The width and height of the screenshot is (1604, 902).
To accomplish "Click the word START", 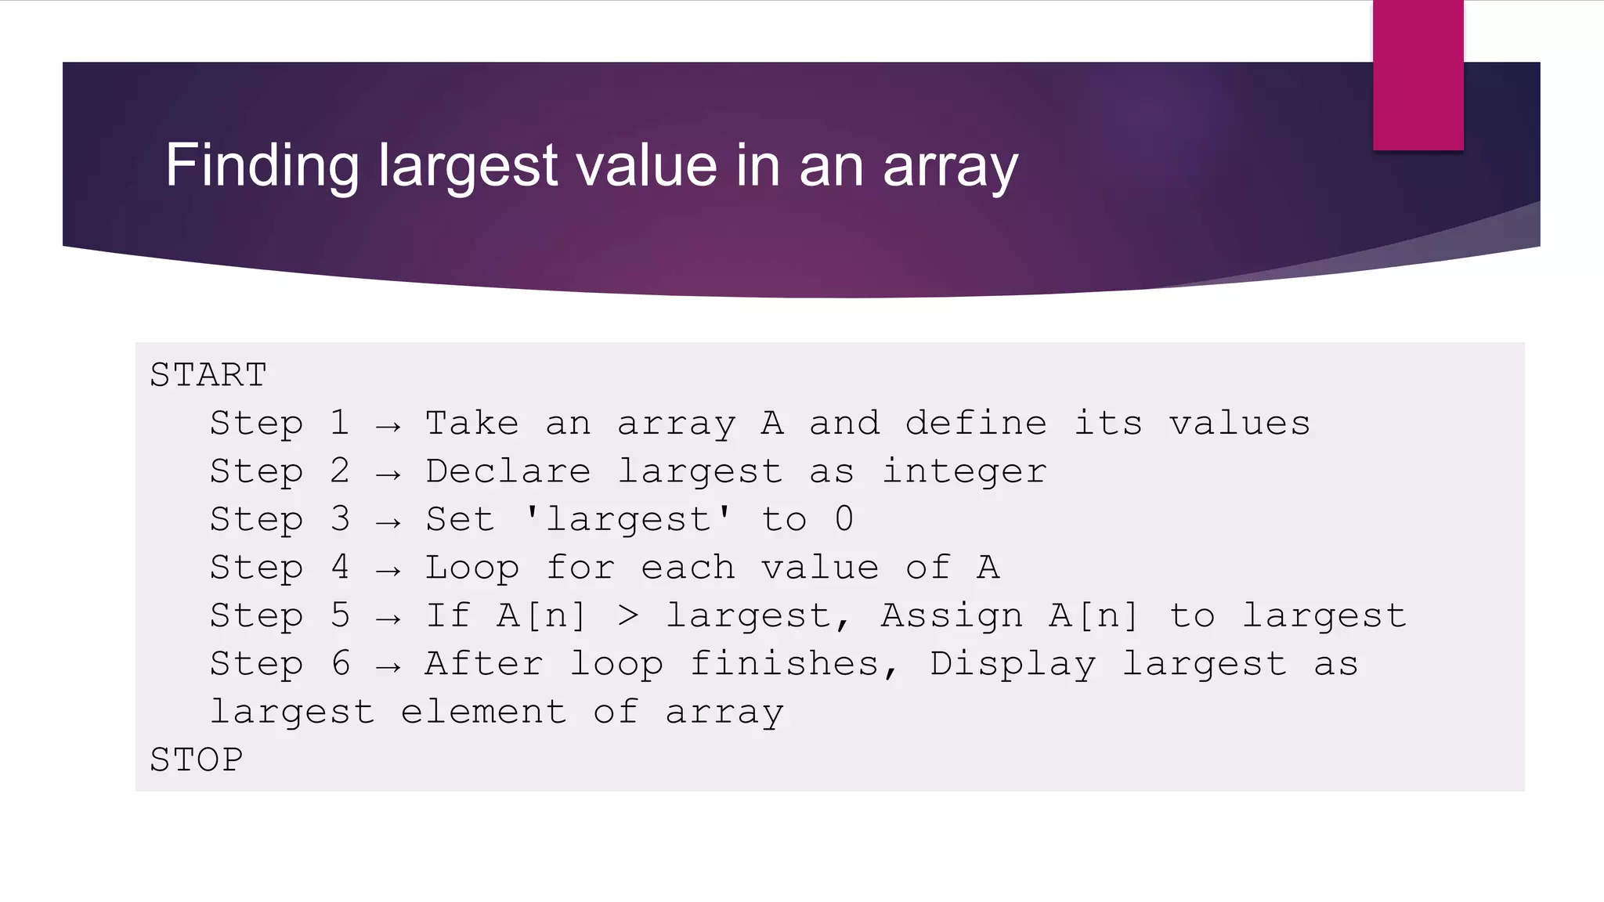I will click(x=208, y=375).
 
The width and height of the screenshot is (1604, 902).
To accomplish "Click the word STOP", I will click(x=197, y=759).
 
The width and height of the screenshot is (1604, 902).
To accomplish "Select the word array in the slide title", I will click(x=950, y=168).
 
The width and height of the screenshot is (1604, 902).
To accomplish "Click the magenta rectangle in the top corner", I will click(x=1418, y=75).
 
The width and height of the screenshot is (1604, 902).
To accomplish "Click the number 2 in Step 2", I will click(x=340, y=471).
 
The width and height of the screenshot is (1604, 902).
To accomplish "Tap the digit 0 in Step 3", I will click(x=844, y=519).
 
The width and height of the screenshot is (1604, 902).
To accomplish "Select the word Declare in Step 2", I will click(x=508, y=471).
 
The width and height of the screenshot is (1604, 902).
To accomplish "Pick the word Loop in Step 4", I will click(x=472, y=568).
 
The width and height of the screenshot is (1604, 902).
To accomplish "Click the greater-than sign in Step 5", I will click(x=628, y=616).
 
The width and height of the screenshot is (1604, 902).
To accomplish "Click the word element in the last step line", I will click(x=483, y=712).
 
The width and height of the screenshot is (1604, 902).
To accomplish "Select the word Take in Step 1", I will click(x=472, y=424).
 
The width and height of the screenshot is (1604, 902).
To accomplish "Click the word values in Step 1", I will click(x=1240, y=424).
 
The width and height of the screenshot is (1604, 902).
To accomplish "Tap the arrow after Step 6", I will click(x=388, y=667).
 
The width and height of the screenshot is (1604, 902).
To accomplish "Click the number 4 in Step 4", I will click(x=340, y=568).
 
